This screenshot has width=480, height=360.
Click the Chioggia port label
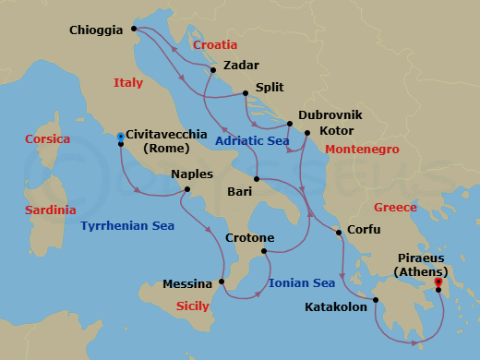96,30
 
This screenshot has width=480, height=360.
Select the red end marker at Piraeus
438,282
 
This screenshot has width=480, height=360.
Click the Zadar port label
241,66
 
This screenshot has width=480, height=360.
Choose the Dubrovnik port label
330,115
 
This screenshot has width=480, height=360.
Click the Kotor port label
335,132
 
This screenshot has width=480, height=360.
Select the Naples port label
192,174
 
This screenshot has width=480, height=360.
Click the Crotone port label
249,237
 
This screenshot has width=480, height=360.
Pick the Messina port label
188,284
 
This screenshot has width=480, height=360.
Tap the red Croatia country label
215,44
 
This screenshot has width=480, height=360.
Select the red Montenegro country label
361,149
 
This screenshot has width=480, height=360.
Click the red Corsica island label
48,139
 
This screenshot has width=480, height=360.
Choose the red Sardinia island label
51,210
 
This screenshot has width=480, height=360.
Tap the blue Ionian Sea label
302,282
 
